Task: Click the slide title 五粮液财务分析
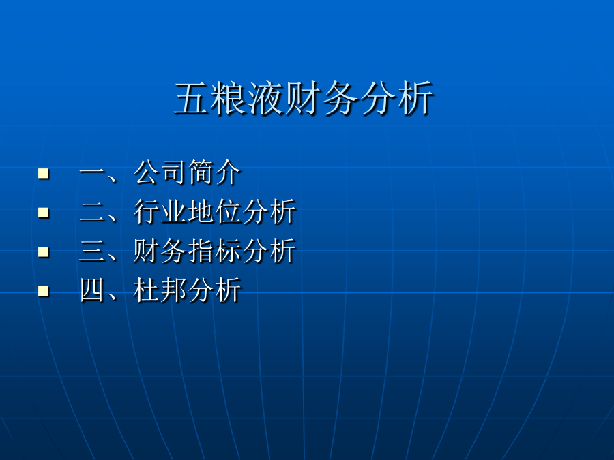[x=304, y=98]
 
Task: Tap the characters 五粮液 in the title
[x=229, y=98]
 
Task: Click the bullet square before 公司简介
[x=44, y=173]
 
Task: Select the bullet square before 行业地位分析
[x=44, y=213]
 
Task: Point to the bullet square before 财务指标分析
[x=44, y=251]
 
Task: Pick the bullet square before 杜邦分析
[x=44, y=292]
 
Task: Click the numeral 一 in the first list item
[x=92, y=172]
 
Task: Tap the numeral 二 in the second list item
[x=92, y=213]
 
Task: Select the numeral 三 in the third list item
[x=92, y=251]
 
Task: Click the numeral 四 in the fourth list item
[x=92, y=290]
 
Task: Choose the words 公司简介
[x=188, y=172]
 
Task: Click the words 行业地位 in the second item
[x=188, y=212]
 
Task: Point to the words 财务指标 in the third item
[x=188, y=251]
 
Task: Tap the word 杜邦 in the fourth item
[x=160, y=290]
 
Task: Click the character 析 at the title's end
[x=416, y=98]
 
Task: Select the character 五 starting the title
[x=192, y=98]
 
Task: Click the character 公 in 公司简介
[x=147, y=172]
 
